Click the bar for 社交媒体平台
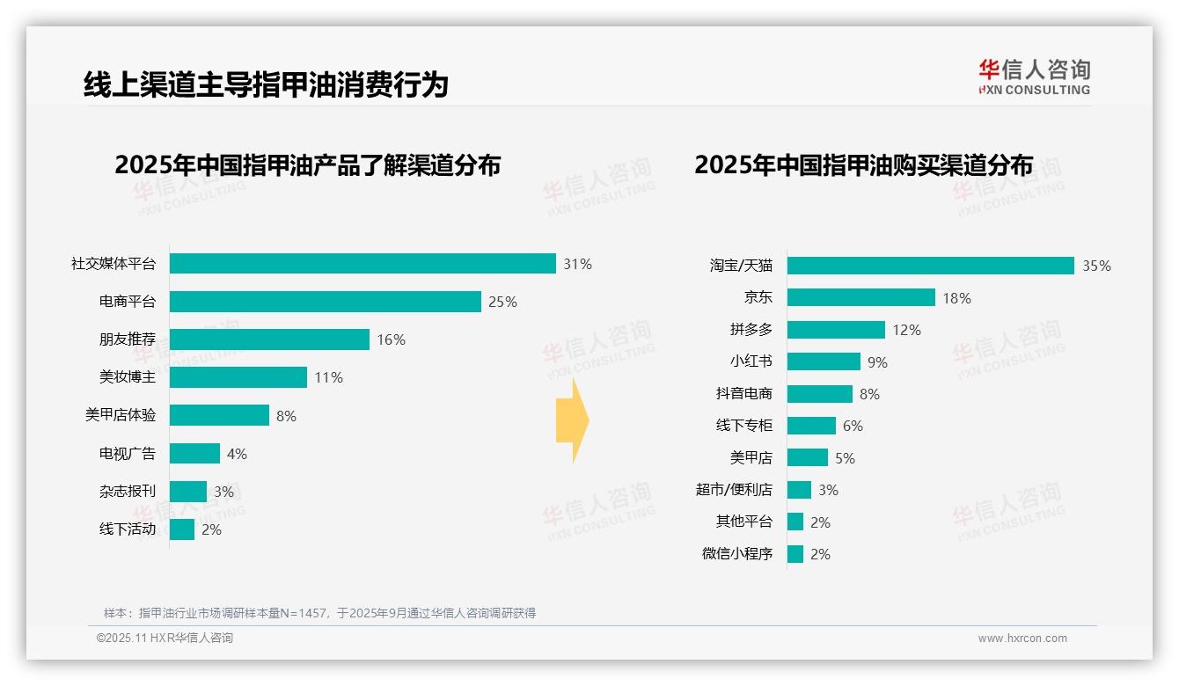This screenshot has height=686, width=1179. (x=362, y=264)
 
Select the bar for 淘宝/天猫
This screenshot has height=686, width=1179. (x=930, y=266)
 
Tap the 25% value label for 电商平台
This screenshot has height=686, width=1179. (x=502, y=302)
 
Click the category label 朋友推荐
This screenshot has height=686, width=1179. (x=127, y=339)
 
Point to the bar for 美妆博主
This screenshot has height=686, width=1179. (x=238, y=377)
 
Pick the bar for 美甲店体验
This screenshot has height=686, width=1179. (x=219, y=415)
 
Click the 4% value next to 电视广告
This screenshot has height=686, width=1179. (x=237, y=454)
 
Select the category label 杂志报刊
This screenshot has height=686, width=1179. (x=127, y=492)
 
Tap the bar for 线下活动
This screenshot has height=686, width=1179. (x=182, y=529)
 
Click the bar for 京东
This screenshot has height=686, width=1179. (x=860, y=298)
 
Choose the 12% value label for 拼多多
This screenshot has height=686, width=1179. (x=906, y=330)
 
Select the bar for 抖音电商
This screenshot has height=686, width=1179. (x=819, y=394)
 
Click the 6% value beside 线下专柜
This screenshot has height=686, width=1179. (x=853, y=426)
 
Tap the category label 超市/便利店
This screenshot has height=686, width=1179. (x=734, y=490)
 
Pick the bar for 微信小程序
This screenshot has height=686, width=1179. (x=795, y=554)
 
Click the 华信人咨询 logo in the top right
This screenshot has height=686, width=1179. (x=1034, y=77)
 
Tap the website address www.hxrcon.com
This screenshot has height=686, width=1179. (x=1022, y=639)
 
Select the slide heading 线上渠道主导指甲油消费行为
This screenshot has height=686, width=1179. (x=266, y=84)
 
